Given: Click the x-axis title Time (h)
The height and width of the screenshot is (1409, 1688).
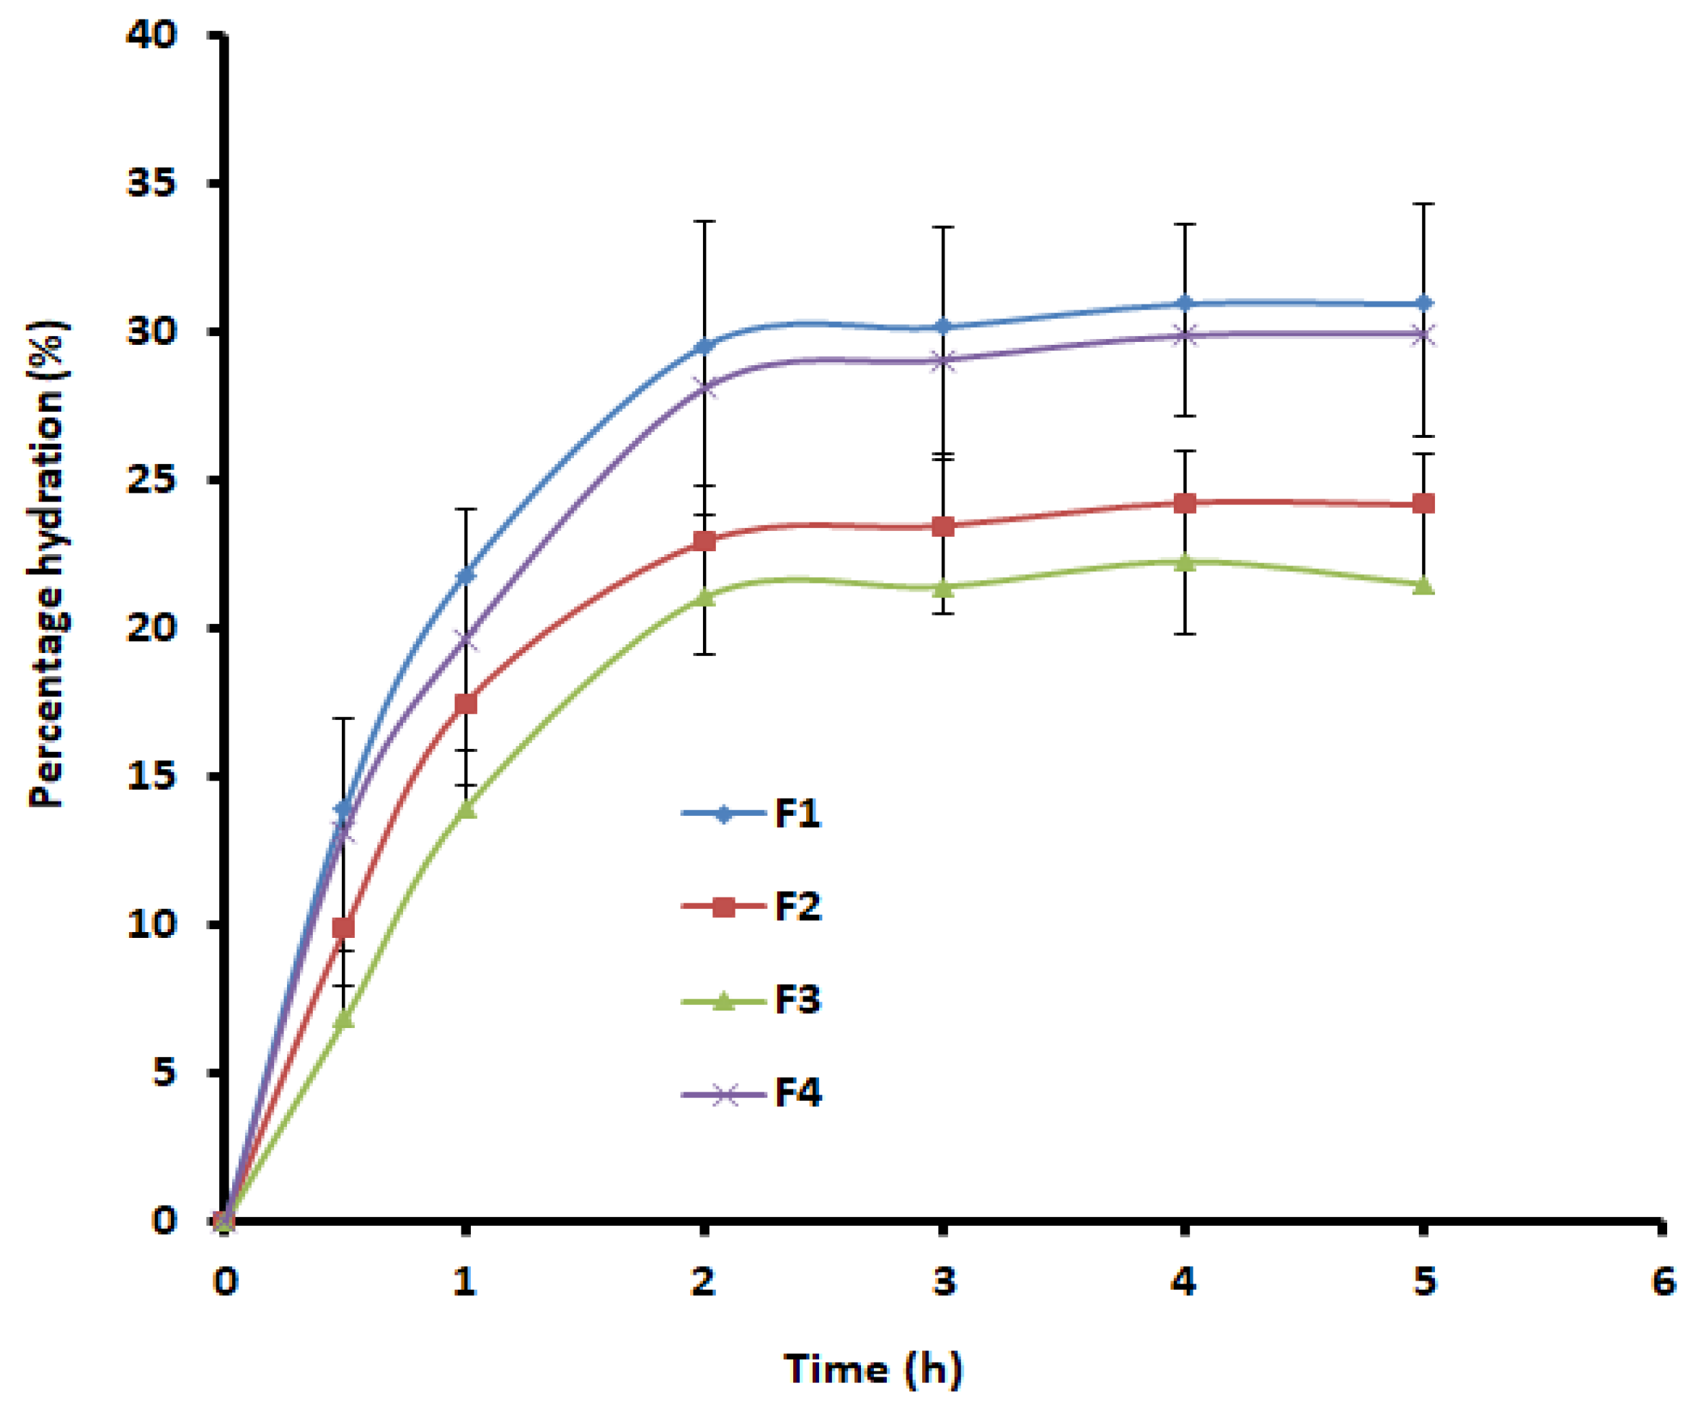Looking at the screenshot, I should [873, 1368].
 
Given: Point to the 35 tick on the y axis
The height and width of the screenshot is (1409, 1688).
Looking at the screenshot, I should [151, 183].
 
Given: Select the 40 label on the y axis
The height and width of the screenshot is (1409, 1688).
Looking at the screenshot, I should [151, 35].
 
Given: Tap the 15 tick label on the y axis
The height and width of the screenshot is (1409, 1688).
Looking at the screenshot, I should [151, 776].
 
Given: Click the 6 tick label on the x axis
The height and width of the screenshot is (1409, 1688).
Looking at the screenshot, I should [1663, 1281].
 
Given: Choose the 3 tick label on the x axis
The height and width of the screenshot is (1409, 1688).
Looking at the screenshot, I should [945, 1281].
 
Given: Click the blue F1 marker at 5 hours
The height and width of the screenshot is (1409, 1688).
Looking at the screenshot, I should [1423, 303].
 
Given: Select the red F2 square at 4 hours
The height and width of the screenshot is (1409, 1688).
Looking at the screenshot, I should [1185, 504].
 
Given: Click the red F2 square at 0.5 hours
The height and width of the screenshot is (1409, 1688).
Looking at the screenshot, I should [344, 928].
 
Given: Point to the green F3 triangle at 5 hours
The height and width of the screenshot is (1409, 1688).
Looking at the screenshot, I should [1423, 584].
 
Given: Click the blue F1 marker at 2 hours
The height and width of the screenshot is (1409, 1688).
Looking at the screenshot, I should [705, 346].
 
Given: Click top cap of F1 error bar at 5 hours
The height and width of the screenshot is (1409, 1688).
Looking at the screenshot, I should [1423, 204].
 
